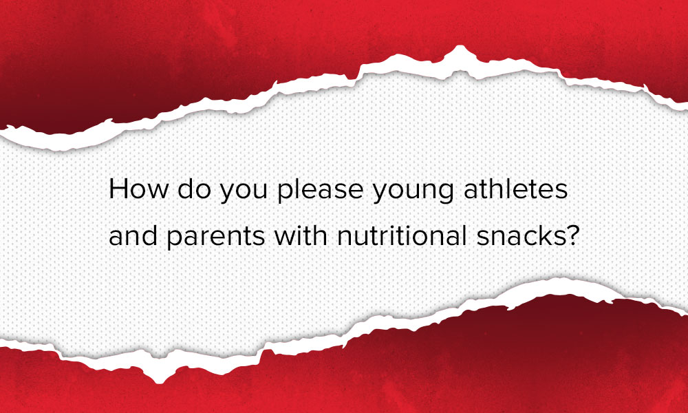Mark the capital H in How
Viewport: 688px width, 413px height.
[118, 189]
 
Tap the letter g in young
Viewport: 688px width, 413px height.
[447, 193]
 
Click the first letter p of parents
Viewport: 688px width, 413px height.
[175, 240]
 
